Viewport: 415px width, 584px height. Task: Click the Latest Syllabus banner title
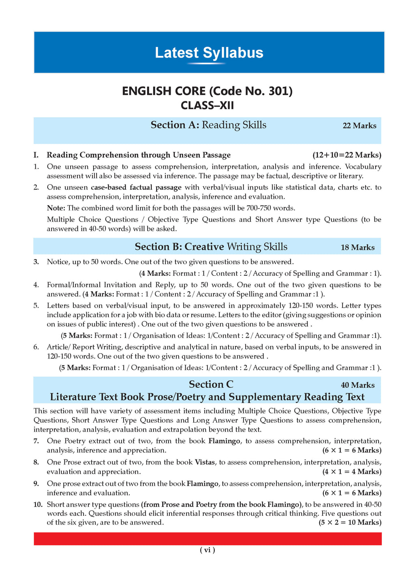point(209,53)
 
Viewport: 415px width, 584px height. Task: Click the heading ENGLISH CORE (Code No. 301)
point(207,91)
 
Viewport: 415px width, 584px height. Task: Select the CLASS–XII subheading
point(207,105)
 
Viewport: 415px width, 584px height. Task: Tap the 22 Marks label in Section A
point(359,126)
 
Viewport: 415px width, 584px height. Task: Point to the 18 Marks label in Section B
point(357,247)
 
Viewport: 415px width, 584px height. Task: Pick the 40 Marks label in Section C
point(357,385)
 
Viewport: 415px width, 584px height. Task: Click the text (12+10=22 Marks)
point(347,155)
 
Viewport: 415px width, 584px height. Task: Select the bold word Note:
point(56,208)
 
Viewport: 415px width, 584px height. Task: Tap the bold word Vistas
point(205,462)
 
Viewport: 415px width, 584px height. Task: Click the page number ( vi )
point(207,550)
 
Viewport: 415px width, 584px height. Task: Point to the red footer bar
point(207,539)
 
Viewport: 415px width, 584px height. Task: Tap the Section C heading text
point(211,384)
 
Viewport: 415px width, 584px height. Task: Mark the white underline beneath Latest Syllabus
point(207,64)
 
